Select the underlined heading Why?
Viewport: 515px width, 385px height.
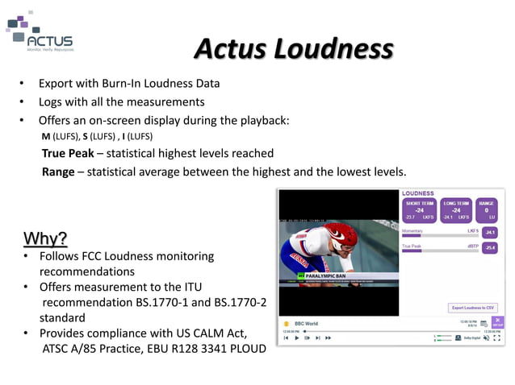[x=45, y=238]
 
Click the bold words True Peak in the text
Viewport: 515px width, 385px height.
[x=68, y=153]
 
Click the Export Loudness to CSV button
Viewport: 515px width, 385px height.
[x=474, y=308]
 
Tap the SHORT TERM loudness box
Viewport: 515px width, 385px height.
[x=420, y=210]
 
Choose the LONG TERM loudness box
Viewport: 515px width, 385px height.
[x=456, y=210]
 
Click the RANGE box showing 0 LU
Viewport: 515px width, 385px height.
[x=487, y=210]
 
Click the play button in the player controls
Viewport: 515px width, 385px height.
[x=296, y=338]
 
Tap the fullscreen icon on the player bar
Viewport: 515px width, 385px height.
[x=496, y=338]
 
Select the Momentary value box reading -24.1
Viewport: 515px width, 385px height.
[x=489, y=232]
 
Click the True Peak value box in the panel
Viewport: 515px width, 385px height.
[x=489, y=248]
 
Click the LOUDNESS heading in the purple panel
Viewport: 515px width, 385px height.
[x=418, y=193]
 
